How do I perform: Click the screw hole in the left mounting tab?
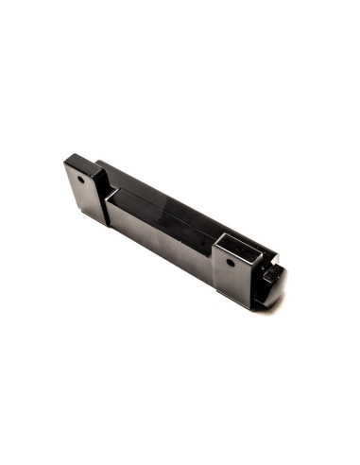tap(82, 178)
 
